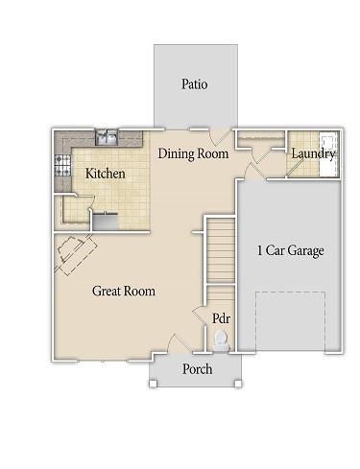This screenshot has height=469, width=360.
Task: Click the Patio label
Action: [x=195, y=84]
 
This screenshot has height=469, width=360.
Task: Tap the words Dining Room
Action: [x=193, y=153]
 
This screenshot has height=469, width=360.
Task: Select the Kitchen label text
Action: [x=106, y=174]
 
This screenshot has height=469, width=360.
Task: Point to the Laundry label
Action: [x=313, y=153]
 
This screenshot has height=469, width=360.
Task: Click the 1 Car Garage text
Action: [x=289, y=251]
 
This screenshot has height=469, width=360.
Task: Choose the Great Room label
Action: [x=124, y=291]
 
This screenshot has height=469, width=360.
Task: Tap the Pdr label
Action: [x=221, y=318]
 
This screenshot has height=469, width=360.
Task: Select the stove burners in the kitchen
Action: [x=64, y=165]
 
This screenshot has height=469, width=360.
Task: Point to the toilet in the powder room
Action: [x=222, y=339]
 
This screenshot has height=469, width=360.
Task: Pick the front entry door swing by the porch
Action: [x=179, y=342]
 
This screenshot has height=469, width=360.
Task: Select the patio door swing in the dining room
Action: [x=221, y=137]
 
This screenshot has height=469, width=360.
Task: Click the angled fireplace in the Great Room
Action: [x=76, y=253]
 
